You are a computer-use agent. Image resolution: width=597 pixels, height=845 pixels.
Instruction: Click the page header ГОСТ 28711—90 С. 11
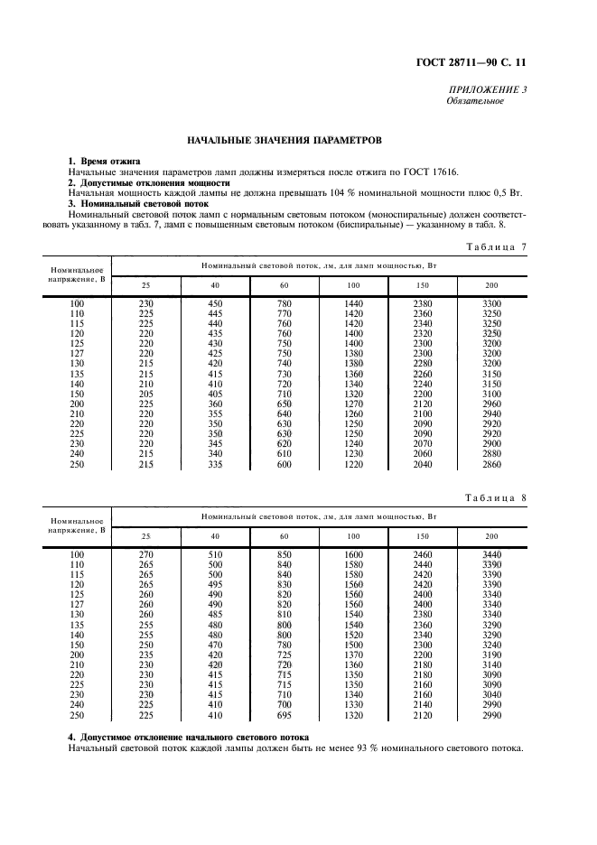pyautogui.click(x=485, y=63)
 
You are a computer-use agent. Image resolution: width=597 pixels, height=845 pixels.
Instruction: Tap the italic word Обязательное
pyautogui.click(x=475, y=100)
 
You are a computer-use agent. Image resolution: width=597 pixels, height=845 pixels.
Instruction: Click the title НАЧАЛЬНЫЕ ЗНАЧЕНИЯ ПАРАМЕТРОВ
pyautogui.click(x=285, y=141)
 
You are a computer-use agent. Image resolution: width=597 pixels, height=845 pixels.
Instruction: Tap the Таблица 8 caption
pyautogui.click(x=496, y=498)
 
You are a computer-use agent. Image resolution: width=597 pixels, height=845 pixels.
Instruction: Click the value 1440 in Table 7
pyautogui.click(x=354, y=302)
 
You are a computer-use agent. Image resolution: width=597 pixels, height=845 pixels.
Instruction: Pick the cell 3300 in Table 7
pyautogui.click(x=492, y=302)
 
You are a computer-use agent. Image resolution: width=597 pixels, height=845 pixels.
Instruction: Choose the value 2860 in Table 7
pyautogui.click(x=492, y=464)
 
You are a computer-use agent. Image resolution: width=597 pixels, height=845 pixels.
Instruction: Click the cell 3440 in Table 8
pyautogui.click(x=492, y=553)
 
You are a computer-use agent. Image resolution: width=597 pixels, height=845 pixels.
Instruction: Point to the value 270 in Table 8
pyautogui.click(x=146, y=553)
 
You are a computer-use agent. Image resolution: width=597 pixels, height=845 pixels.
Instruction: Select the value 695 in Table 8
pyautogui.click(x=285, y=715)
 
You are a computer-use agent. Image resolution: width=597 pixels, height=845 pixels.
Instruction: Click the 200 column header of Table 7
pyautogui.click(x=492, y=285)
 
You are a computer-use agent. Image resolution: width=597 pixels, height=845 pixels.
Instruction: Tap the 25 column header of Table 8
pyautogui.click(x=146, y=536)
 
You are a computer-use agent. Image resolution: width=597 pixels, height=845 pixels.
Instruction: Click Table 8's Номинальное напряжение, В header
pyautogui.click(x=77, y=526)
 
